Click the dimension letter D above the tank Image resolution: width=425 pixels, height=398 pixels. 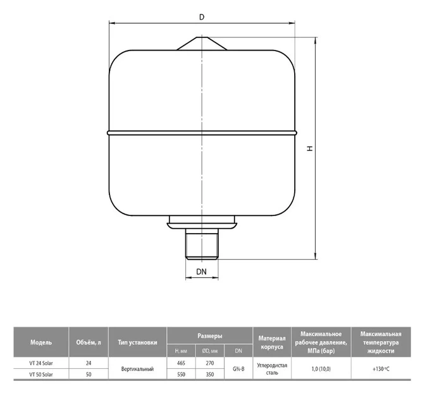point(202,17)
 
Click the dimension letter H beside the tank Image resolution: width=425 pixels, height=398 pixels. point(310,148)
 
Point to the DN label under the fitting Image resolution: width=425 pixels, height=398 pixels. point(201,272)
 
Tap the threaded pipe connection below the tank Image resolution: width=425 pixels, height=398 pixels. point(202,244)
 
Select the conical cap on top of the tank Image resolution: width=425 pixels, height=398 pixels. point(202,44)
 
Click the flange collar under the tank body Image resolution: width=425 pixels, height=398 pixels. point(202,222)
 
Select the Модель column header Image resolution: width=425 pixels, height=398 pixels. point(41,342)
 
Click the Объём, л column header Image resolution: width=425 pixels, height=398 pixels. point(89,342)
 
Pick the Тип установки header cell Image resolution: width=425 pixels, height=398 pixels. point(137,342)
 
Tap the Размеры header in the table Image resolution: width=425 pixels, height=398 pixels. point(210,335)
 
